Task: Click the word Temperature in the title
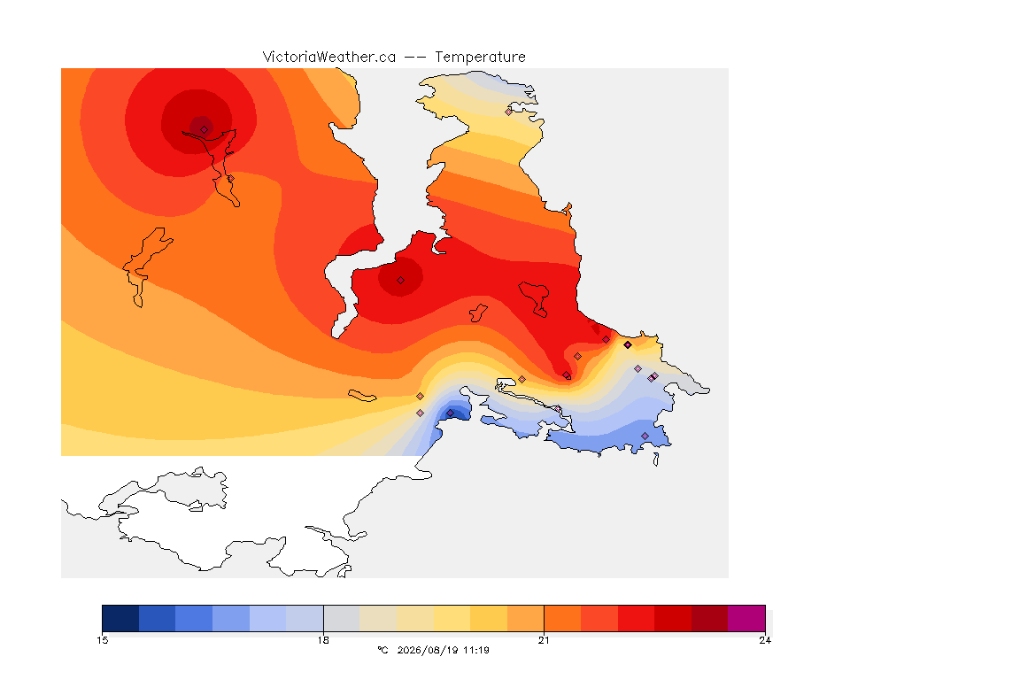(x=480, y=58)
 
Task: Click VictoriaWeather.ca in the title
(x=329, y=58)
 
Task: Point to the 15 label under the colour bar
(x=102, y=640)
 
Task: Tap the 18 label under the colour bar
(x=323, y=640)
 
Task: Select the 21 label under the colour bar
(x=544, y=640)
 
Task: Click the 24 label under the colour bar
(x=765, y=640)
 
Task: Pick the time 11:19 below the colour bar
(x=476, y=650)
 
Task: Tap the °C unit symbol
(x=382, y=650)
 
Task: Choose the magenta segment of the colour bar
(x=746, y=618)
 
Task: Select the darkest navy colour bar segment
(x=120, y=618)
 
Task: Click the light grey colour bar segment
(x=342, y=618)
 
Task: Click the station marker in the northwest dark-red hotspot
(x=205, y=129)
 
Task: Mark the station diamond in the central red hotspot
(x=401, y=281)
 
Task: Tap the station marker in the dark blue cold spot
(x=450, y=413)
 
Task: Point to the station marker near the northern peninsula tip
(x=509, y=112)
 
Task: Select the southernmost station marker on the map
(x=645, y=436)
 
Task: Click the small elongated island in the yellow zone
(x=362, y=396)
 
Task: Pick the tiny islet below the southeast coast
(x=656, y=460)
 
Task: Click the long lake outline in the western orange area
(x=147, y=266)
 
